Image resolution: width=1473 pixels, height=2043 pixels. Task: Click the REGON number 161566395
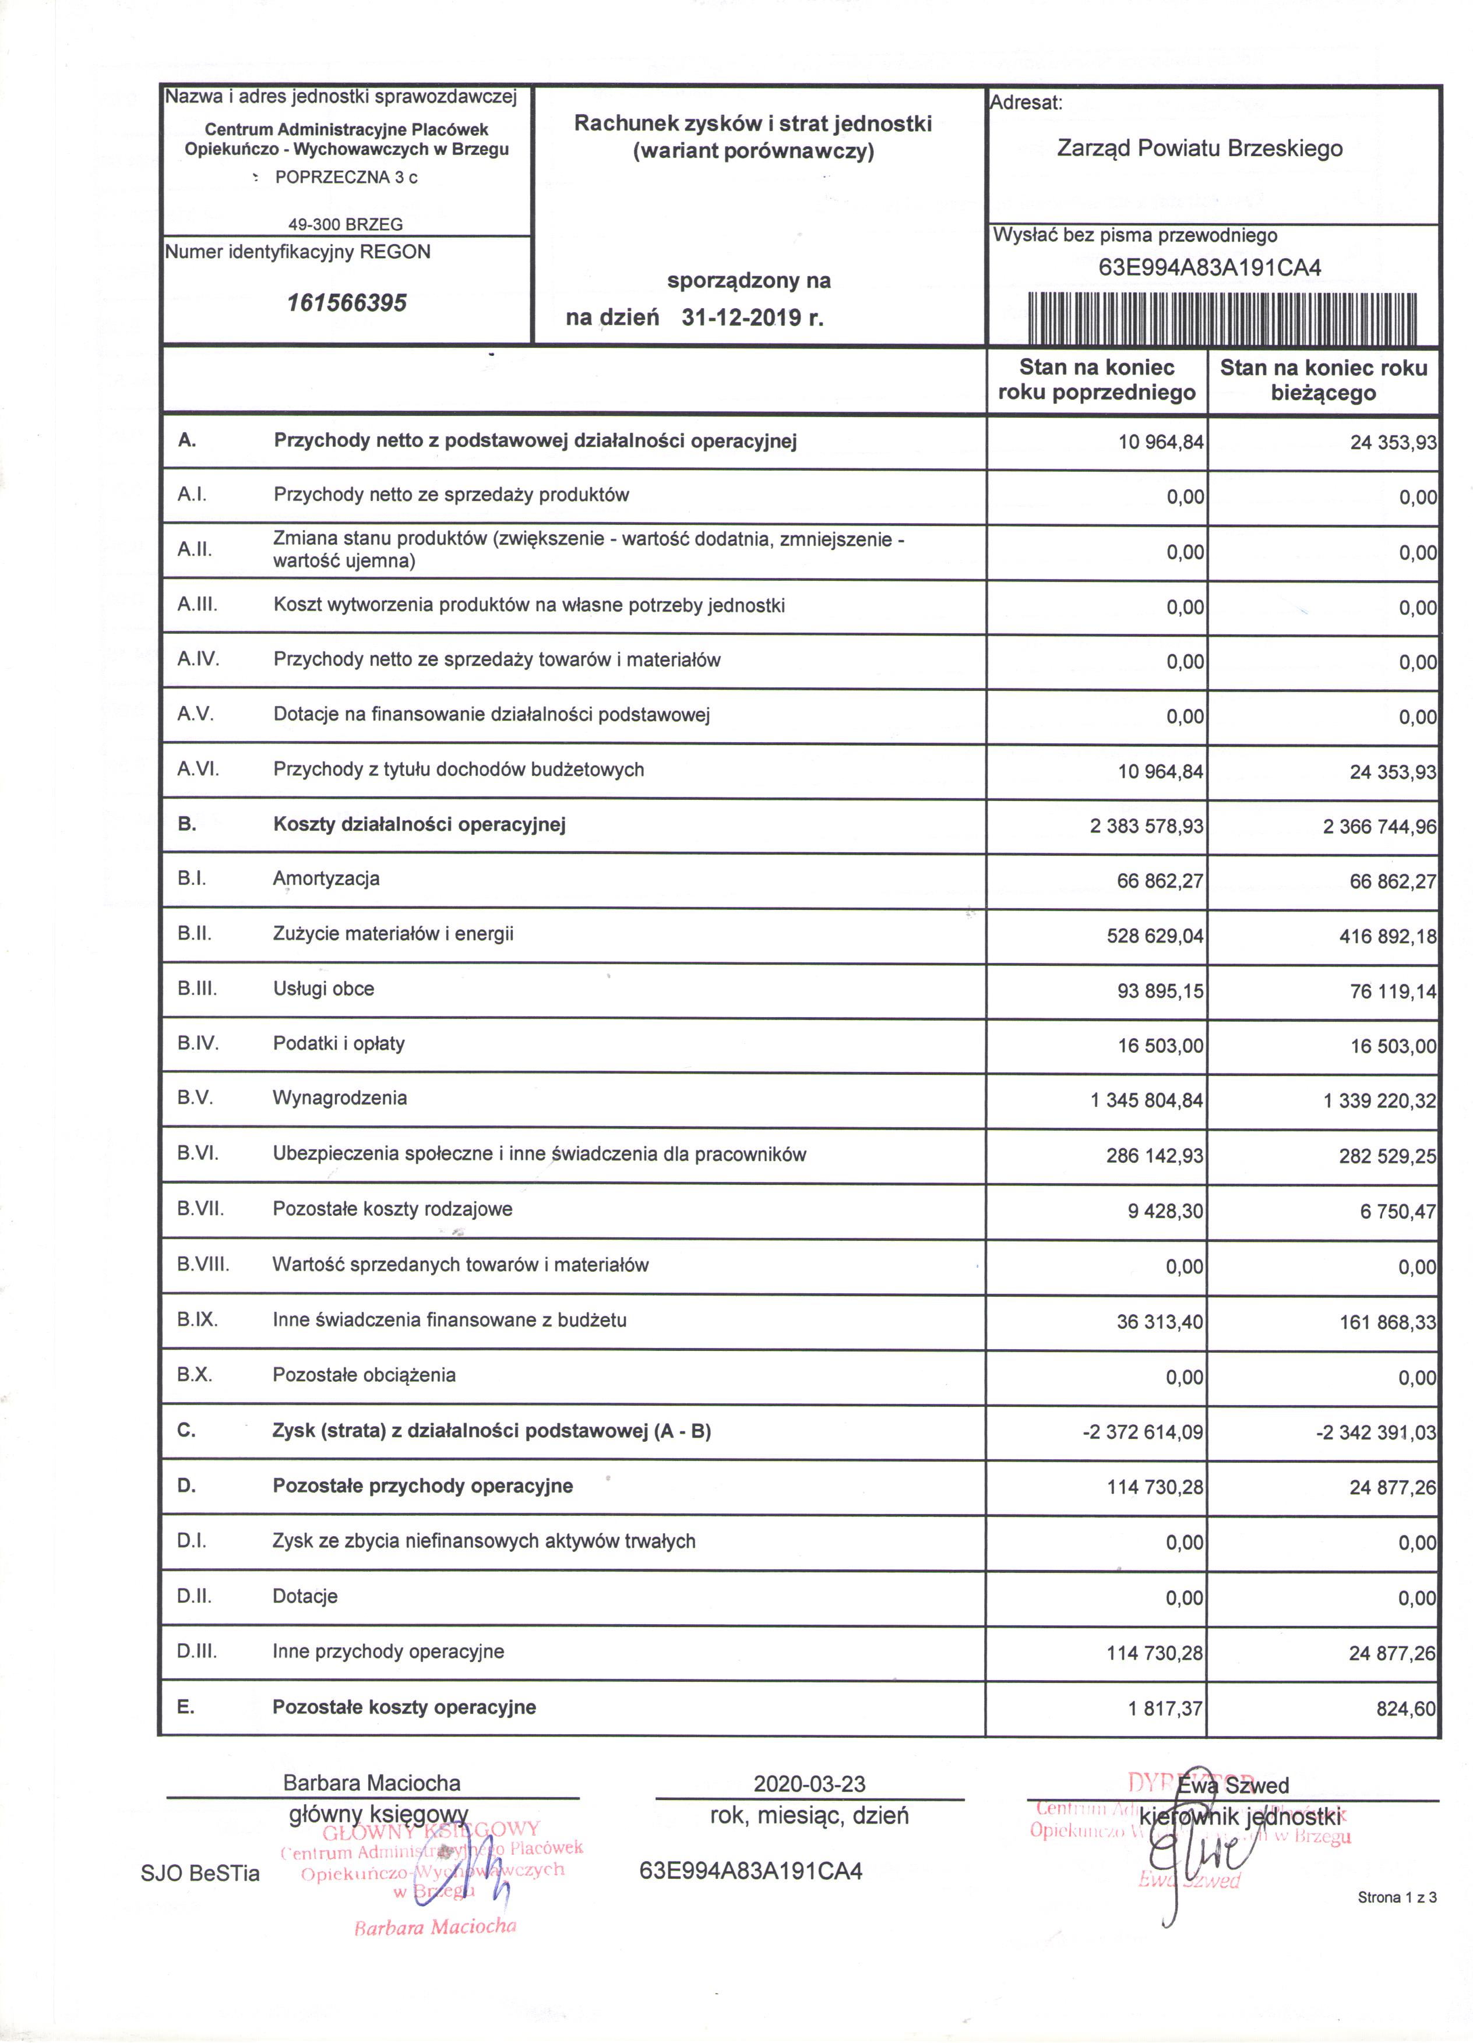click(347, 303)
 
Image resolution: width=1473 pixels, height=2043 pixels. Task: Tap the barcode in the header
click(1222, 318)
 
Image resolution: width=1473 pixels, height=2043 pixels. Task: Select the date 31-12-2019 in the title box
click(752, 317)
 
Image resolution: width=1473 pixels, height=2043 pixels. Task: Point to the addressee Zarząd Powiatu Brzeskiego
click(1199, 149)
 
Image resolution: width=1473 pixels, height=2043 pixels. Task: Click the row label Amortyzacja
click(326, 879)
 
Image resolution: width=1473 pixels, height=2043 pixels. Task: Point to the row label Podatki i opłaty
click(339, 1043)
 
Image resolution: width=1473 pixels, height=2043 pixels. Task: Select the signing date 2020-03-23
click(809, 1784)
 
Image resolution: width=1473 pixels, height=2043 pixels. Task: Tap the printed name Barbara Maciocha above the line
click(371, 1783)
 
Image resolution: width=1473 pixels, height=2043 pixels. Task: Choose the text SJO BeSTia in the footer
click(200, 1873)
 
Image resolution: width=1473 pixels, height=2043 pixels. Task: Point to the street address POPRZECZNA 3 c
click(346, 178)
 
